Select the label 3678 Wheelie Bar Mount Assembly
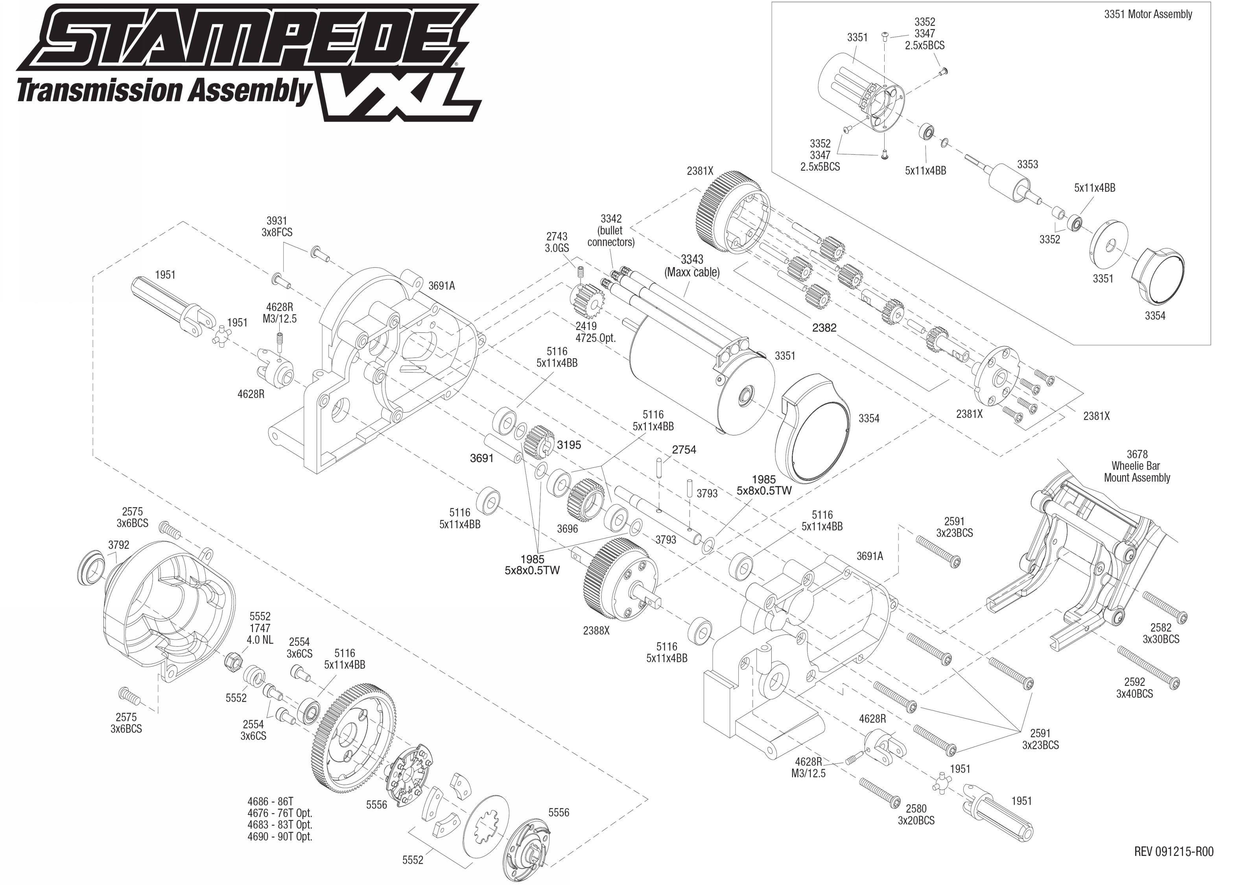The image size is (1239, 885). pos(1137,466)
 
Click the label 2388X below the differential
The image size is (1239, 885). pos(596,631)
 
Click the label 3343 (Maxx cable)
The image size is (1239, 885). pos(691,266)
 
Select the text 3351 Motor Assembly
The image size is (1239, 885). pos(1148,15)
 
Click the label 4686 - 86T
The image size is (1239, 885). pos(270,801)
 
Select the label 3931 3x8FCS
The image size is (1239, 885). pos(277,226)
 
